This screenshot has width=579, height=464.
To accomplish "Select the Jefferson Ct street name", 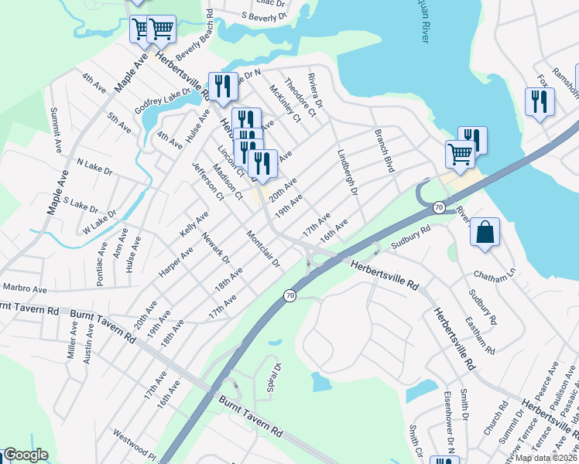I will (x=207, y=183).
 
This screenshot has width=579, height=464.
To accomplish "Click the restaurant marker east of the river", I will (x=540, y=102).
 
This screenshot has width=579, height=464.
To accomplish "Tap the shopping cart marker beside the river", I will (x=460, y=154).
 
